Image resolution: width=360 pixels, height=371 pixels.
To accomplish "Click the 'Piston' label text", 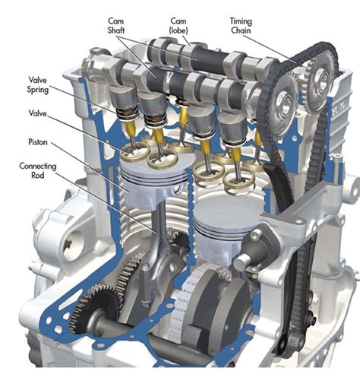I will click(x=39, y=141).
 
